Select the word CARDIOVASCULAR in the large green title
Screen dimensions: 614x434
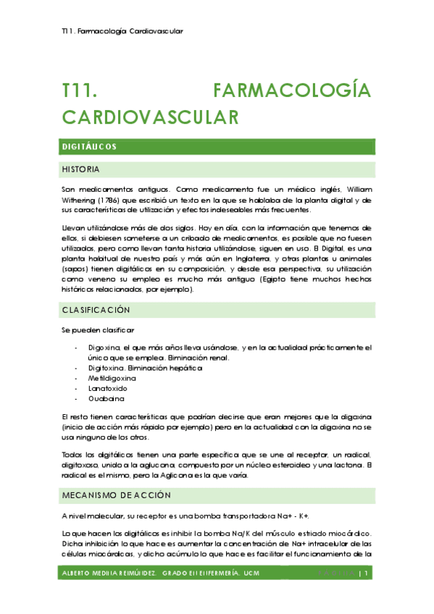pyautogui.click(x=150, y=117)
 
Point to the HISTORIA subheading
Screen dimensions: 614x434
pyautogui.click(x=81, y=169)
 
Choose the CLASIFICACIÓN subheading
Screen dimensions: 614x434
pyautogui.click(x=96, y=310)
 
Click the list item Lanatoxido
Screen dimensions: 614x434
pyautogui.click(x=108, y=388)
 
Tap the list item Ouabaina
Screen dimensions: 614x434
pyautogui.click(x=106, y=398)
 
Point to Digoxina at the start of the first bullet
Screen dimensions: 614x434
pyautogui.click(x=104, y=348)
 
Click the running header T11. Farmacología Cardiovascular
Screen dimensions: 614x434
pyautogui.click(x=122, y=31)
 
